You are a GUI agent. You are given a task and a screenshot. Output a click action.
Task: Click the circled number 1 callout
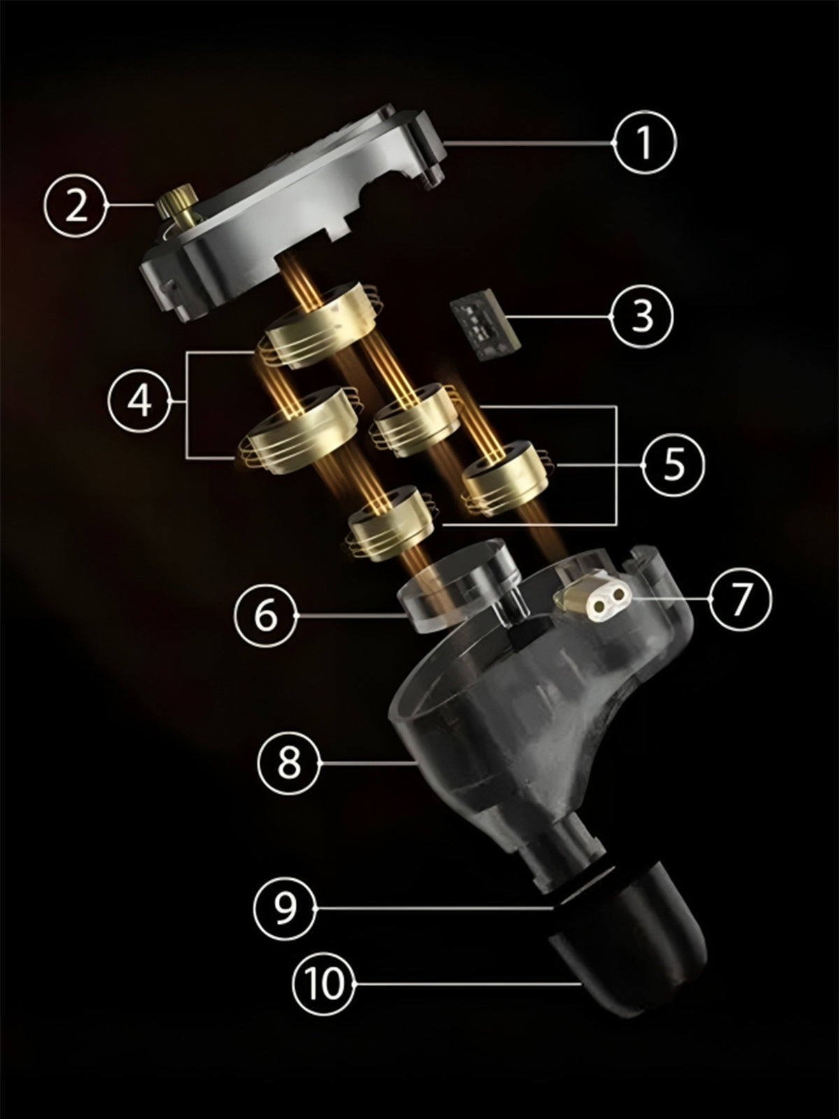point(645,143)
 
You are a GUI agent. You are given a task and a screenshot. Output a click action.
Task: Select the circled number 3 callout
point(642,316)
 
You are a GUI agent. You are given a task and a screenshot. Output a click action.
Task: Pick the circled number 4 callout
point(139,401)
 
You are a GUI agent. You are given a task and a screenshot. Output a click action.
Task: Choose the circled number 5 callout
point(674,466)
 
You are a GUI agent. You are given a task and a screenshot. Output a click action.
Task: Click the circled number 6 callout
point(266,615)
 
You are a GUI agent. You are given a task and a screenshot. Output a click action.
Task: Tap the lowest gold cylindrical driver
point(390,524)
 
